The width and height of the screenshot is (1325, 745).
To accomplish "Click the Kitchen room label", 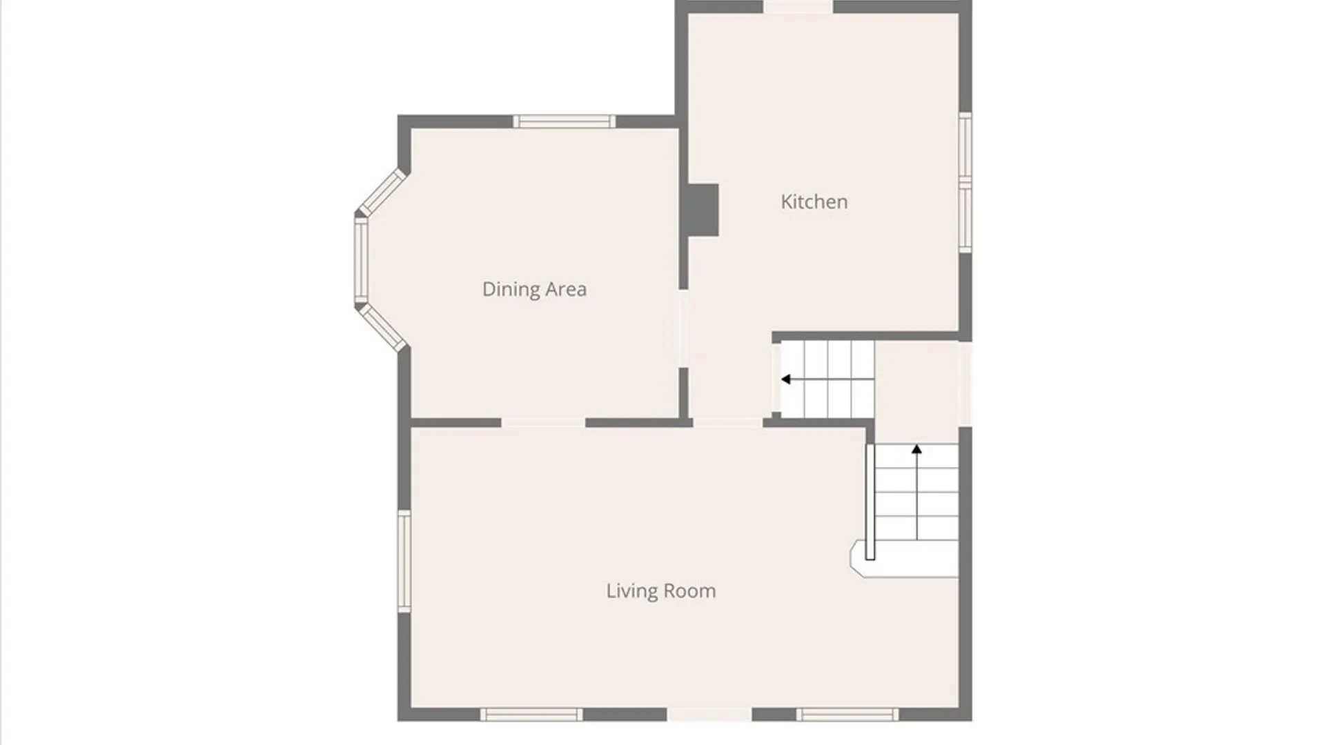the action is [x=814, y=201].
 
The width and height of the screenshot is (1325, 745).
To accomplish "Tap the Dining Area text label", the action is [x=534, y=289].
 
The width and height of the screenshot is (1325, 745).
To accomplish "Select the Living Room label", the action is [x=661, y=591].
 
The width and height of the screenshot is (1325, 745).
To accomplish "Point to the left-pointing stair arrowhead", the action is [x=785, y=379].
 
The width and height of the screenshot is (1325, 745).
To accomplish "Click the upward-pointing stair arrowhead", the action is [x=916, y=449].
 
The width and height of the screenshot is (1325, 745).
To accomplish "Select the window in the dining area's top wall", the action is [x=564, y=122].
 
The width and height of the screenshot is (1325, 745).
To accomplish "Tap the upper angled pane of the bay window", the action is [x=381, y=192].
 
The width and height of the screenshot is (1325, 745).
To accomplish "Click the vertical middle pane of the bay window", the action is [x=361, y=260].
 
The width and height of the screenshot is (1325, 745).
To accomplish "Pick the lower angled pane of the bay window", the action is [x=382, y=327].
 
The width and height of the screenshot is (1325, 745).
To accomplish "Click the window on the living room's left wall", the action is [x=404, y=561].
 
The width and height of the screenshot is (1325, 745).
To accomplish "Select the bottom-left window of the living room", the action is [x=531, y=715].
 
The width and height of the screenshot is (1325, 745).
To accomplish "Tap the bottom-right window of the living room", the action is [x=847, y=715].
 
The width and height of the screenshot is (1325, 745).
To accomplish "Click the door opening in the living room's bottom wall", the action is [x=709, y=715].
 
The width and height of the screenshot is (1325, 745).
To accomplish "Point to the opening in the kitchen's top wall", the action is [x=798, y=7].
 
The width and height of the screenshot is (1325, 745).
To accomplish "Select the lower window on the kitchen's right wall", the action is [x=965, y=217].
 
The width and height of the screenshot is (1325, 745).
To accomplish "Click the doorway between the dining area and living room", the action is [x=543, y=423].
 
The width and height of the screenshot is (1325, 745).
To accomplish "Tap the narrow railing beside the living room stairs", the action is [x=870, y=501].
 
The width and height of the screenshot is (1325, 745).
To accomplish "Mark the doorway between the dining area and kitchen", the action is [x=683, y=328].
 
